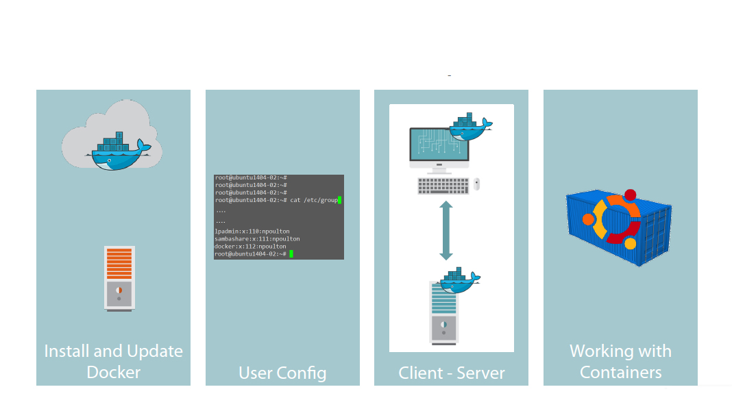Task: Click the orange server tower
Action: pyautogui.click(x=119, y=278)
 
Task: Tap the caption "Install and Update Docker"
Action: pyautogui.click(x=114, y=362)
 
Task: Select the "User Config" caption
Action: pyautogui.click(x=282, y=373)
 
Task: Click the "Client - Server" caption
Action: pyautogui.click(x=452, y=373)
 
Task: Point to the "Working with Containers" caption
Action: pyautogui.click(x=620, y=362)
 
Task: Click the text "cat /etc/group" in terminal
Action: pyautogui.click(x=314, y=200)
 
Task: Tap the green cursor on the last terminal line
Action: pyautogui.click(x=291, y=254)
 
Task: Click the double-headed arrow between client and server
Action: pyautogui.click(x=446, y=231)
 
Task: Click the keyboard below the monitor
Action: pyautogui.click(x=443, y=186)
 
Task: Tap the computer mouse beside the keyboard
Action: pyautogui.click(x=477, y=184)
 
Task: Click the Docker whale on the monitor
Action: pyautogui.click(x=470, y=128)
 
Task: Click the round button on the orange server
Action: pyautogui.click(x=119, y=289)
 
